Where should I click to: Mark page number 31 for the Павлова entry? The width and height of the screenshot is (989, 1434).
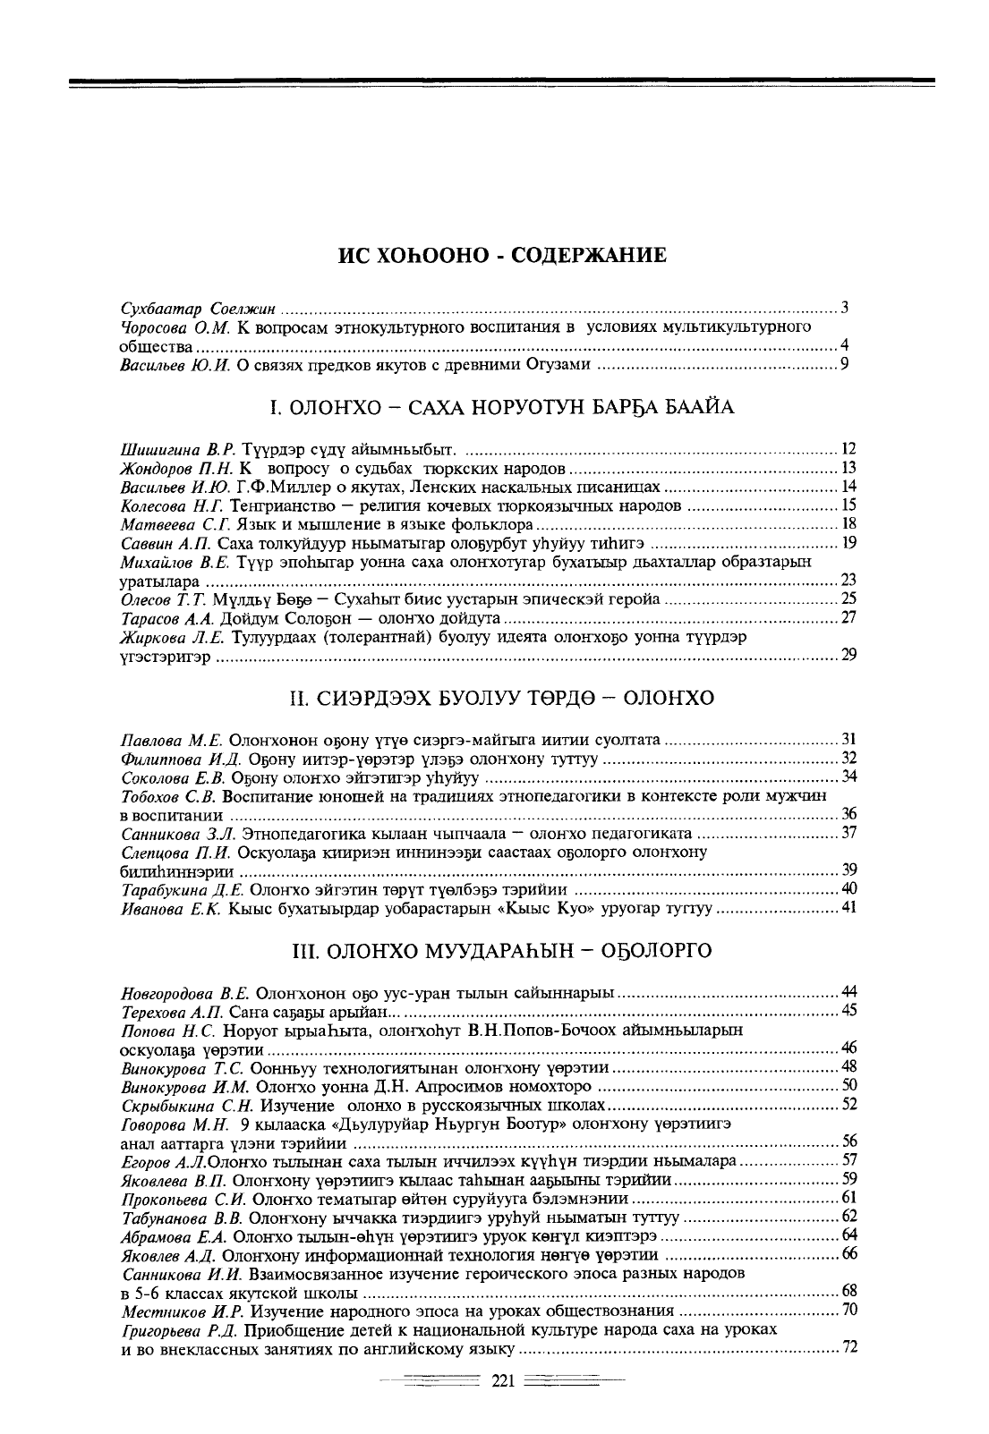pos(849,739)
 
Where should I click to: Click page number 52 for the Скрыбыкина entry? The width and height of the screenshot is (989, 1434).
pos(849,1104)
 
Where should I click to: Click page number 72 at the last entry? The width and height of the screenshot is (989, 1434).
pos(849,1347)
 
